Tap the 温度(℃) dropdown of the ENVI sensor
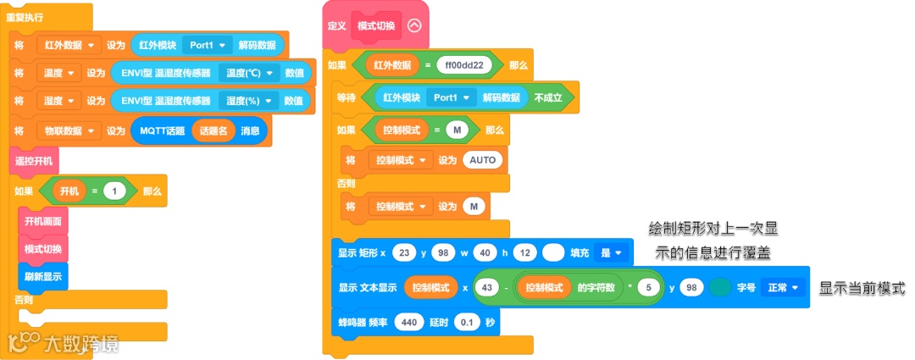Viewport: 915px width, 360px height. point(249,74)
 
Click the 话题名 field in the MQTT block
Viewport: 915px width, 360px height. point(214,131)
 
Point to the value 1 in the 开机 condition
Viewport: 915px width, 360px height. point(114,191)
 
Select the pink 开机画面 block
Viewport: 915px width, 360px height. point(42,222)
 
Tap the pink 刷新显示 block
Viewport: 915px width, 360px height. point(42,276)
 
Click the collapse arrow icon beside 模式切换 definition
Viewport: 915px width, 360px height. point(414,25)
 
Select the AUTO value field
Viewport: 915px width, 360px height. point(484,159)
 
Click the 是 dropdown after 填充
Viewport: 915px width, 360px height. point(611,252)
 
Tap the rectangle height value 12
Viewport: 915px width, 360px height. point(525,252)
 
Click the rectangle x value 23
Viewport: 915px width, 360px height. point(404,252)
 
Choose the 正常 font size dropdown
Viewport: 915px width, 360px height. point(782,288)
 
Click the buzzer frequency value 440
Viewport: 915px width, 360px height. point(408,322)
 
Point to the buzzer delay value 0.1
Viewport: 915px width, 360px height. point(466,322)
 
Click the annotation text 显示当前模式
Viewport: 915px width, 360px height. point(862,288)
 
